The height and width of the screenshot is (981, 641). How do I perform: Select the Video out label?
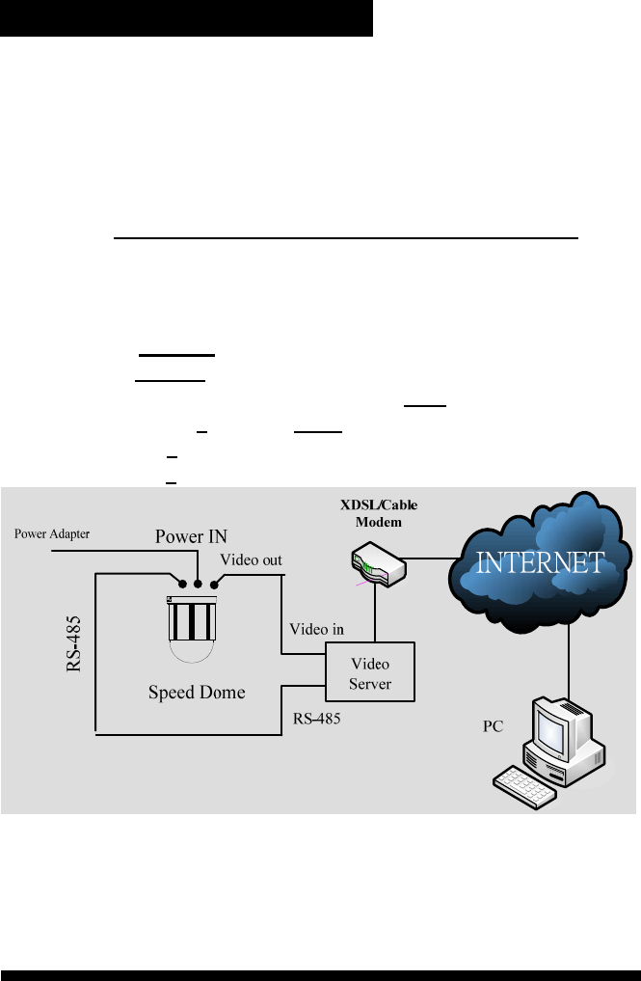click(253, 559)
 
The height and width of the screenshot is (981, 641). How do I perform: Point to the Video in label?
click(317, 628)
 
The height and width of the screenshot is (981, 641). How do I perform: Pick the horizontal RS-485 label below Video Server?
click(317, 719)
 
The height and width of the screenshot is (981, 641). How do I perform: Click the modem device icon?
click(377, 566)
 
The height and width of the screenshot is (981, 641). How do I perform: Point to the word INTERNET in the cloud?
click(541, 562)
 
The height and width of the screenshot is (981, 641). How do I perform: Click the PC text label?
click(494, 726)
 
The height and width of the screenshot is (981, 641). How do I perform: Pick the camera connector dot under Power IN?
click(198, 582)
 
